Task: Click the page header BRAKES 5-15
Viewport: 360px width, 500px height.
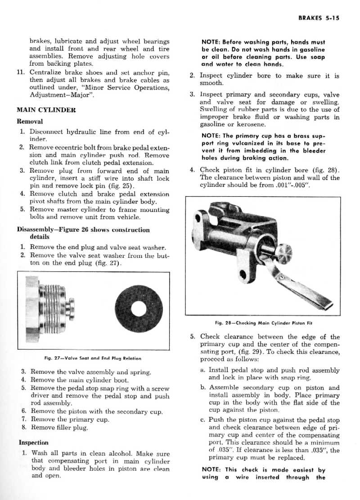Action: click(x=319, y=18)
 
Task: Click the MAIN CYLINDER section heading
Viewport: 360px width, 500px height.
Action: click(x=46, y=110)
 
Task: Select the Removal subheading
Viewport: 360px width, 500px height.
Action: click(x=30, y=122)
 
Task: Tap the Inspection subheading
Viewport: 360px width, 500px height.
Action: click(x=33, y=442)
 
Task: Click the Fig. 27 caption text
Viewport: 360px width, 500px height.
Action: click(x=93, y=358)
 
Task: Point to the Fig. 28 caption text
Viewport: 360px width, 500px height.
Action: click(x=264, y=323)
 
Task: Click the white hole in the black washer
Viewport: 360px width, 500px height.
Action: click(x=139, y=309)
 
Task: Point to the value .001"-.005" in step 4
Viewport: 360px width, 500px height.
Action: click(x=292, y=185)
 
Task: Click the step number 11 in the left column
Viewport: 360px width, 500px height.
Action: click(x=21, y=72)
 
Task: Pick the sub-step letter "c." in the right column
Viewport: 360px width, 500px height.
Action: click(x=203, y=420)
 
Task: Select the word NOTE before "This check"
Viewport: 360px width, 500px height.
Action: click(x=211, y=470)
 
